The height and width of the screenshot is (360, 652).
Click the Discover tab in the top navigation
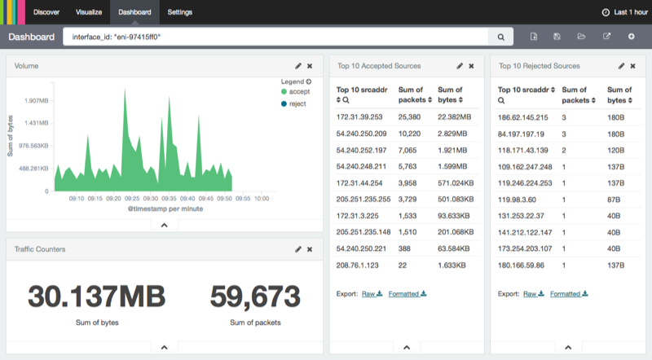coord(46,13)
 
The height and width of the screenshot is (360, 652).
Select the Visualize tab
coord(88,13)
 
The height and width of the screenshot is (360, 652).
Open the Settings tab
coord(180,13)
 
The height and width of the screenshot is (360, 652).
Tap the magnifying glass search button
coord(501,37)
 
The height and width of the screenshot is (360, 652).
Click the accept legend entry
coord(293,92)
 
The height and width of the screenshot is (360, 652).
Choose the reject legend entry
coord(292,103)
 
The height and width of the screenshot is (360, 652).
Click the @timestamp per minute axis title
coord(165,209)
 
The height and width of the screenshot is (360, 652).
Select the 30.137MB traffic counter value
coord(96,296)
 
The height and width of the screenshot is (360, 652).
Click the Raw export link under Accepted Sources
coord(372,294)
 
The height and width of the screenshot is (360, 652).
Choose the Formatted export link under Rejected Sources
coord(570,294)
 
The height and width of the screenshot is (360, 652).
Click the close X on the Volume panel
coord(310,66)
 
